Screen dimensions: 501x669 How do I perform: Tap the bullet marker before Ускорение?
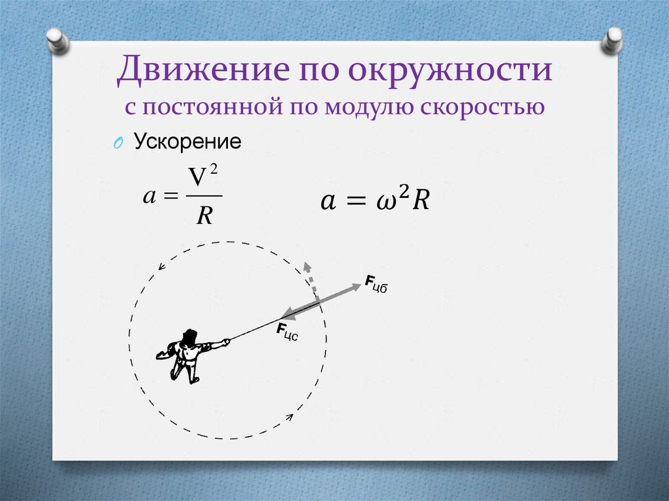pyautogui.click(x=118, y=144)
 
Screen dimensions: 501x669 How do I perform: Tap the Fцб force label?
pyautogui.click(x=376, y=284)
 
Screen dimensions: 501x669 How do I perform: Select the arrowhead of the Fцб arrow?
pyautogui.click(x=356, y=285)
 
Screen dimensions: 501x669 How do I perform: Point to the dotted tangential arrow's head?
pyautogui.click(x=306, y=267)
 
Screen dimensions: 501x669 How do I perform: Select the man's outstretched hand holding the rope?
pyautogui.click(x=226, y=340)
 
